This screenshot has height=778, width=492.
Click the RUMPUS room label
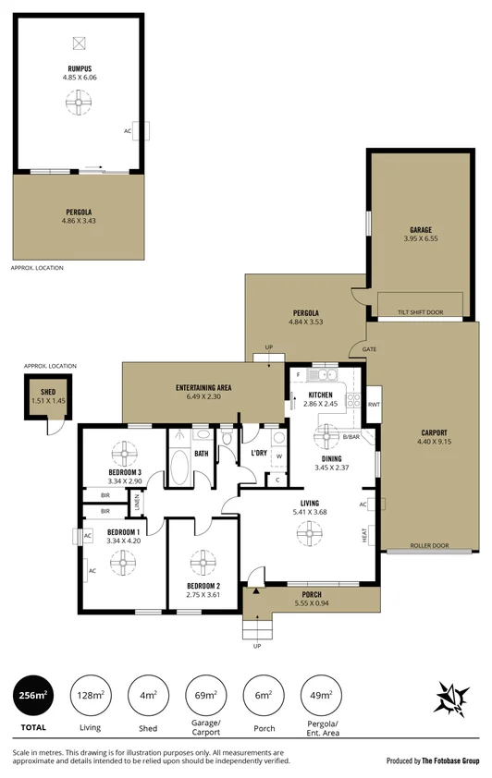[79, 68]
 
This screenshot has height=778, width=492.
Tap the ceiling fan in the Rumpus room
[79, 104]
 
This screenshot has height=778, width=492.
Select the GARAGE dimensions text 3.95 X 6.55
[421, 239]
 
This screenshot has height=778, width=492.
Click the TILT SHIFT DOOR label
[421, 312]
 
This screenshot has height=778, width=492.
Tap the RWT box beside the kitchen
[375, 404]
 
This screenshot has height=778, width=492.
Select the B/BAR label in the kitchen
[351, 436]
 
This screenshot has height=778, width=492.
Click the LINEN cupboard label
[137, 503]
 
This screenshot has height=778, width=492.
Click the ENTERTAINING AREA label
[203, 386]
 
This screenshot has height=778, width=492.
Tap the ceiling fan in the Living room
[305, 531]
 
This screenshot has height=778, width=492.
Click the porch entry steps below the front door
[255, 629]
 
